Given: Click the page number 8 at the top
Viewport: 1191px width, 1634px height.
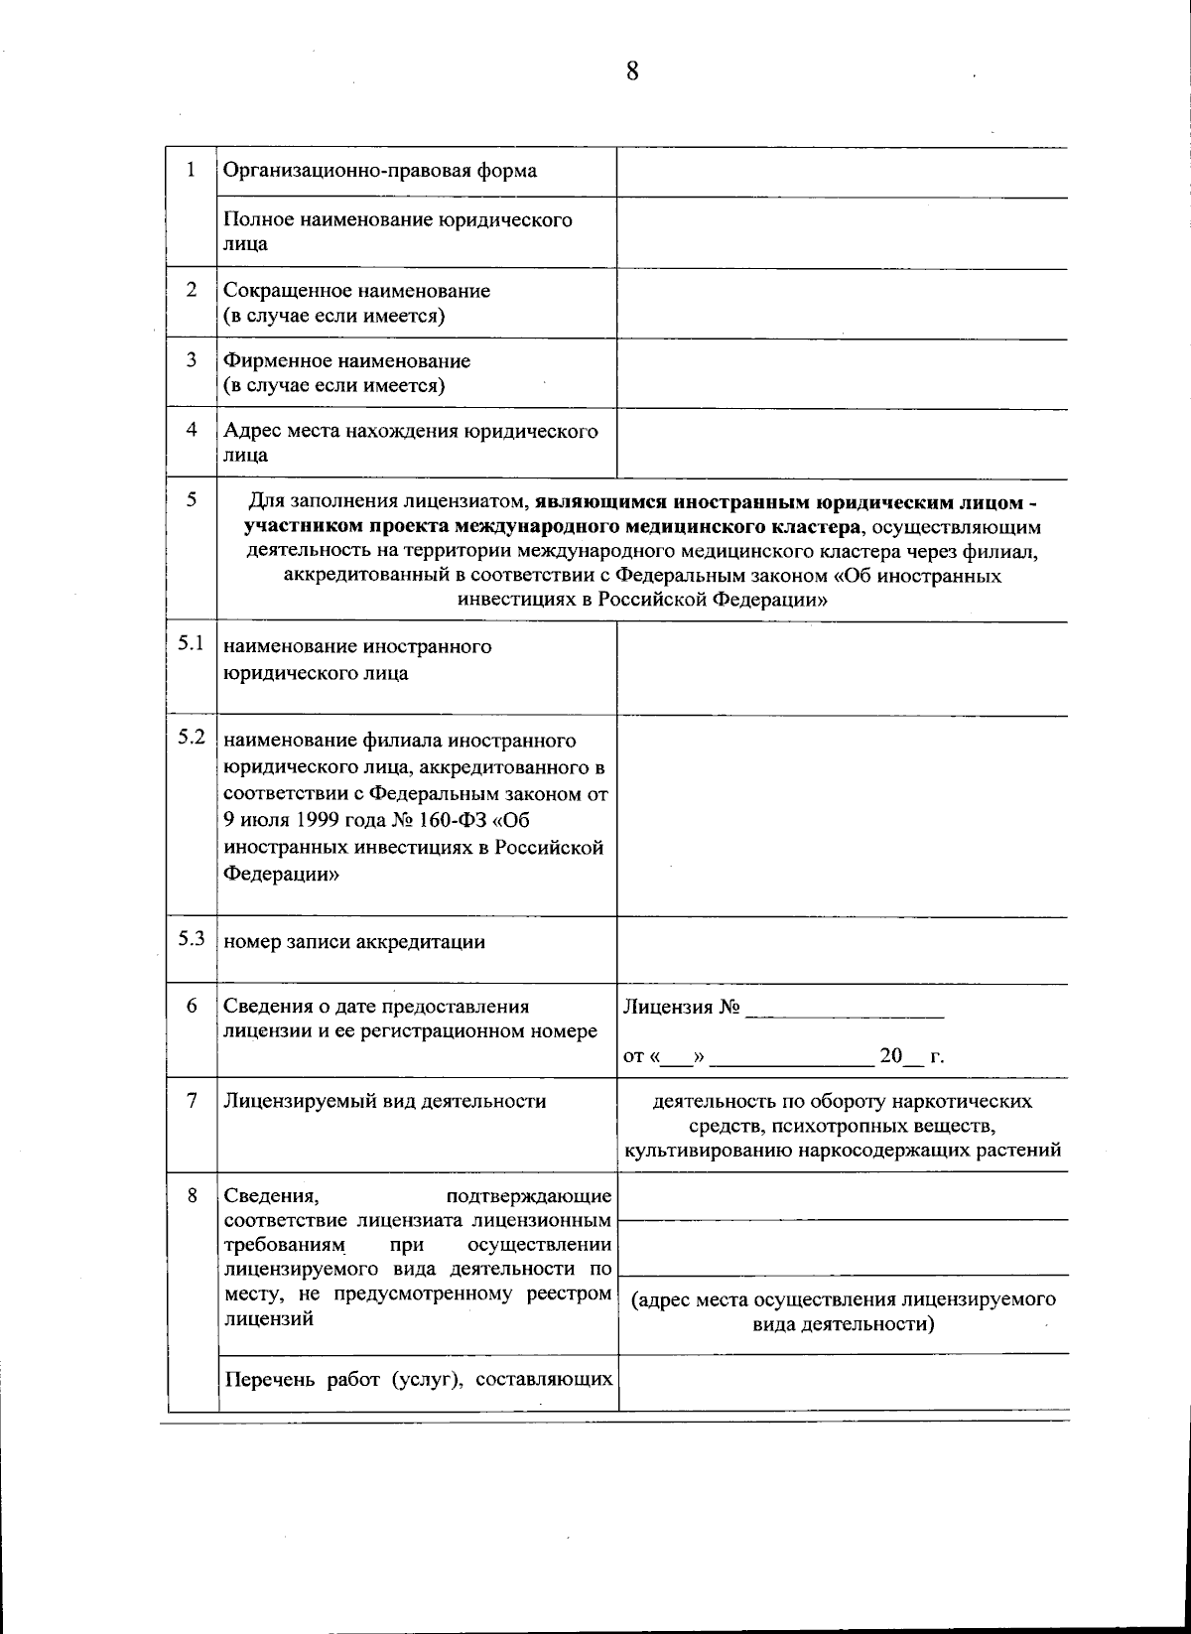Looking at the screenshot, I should click(x=631, y=71).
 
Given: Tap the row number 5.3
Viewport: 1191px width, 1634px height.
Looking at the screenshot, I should click(x=192, y=939).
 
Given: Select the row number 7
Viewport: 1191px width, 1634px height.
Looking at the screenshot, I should click(x=192, y=1100).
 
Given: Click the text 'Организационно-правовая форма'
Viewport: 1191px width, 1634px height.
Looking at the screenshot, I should click(x=380, y=171).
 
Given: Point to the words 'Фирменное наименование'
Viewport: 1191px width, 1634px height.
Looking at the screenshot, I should click(x=346, y=360).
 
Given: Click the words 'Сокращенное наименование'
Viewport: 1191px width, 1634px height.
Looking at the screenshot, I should click(x=356, y=291).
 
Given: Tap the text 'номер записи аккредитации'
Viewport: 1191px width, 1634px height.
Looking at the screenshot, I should click(x=354, y=942).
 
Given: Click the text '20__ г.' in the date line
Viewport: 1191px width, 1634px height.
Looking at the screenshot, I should click(x=911, y=1057).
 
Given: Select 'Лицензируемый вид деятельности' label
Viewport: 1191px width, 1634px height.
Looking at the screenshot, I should click(x=385, y=1101).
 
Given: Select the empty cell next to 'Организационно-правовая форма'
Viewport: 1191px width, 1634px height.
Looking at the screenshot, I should click(x=842, y=172).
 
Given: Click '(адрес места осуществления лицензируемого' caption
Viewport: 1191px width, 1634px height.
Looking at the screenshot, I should click(x=843, y=1300).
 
